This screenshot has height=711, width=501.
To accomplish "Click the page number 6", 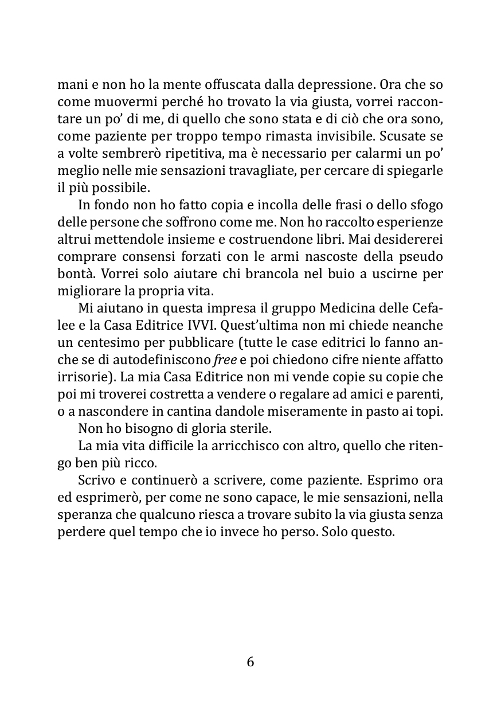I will click(250, 662).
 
